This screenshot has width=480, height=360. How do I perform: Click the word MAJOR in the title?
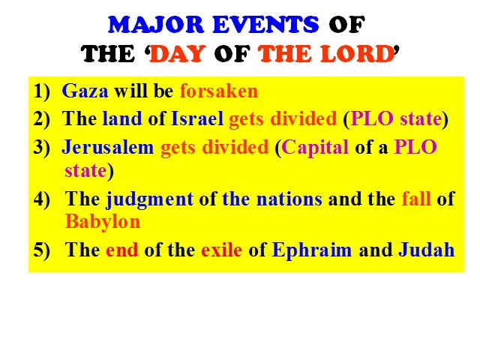point(156,25)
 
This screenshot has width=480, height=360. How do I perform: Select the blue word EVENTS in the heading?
point(265,25)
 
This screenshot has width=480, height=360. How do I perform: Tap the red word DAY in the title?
point(178,53)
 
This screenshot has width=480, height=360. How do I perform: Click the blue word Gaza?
point(85,91)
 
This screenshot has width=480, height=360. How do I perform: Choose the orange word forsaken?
point(219,91)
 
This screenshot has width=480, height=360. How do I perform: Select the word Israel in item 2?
point(197,118)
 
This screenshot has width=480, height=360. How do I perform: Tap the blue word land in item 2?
point(122,118)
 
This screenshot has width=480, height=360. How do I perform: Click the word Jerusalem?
point(108,147)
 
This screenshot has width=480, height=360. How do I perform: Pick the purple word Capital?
point(315,148)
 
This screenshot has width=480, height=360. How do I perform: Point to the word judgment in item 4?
point(149,199)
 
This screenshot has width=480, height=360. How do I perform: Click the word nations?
point(289,199)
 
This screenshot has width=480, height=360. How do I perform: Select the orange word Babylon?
point(103,222)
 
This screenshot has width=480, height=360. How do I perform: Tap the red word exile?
point(221,250)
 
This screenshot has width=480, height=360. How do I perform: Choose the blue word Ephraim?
point(312,250)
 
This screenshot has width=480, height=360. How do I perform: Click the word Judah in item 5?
point(427,250)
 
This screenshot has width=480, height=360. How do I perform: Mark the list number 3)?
point(41,148)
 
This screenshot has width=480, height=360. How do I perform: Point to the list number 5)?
point(41,250)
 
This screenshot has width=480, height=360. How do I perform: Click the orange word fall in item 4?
point(416,199)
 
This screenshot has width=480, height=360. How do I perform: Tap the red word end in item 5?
point(121,250)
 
